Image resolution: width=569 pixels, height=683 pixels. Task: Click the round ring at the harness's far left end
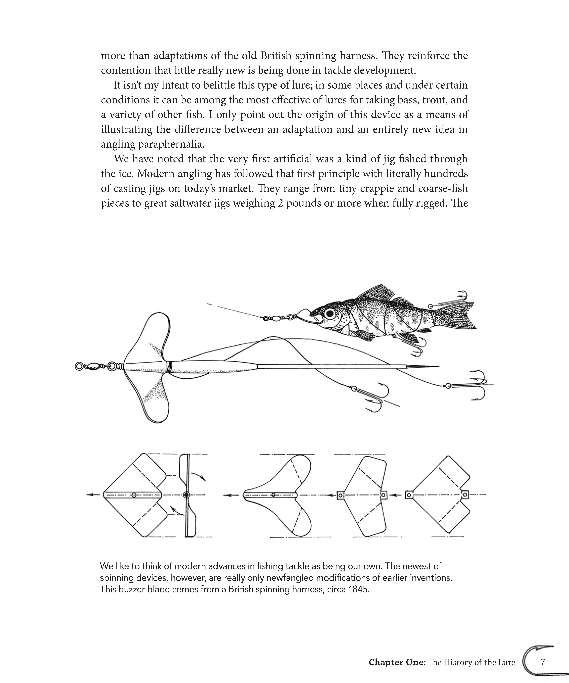click(x=79, y=366)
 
